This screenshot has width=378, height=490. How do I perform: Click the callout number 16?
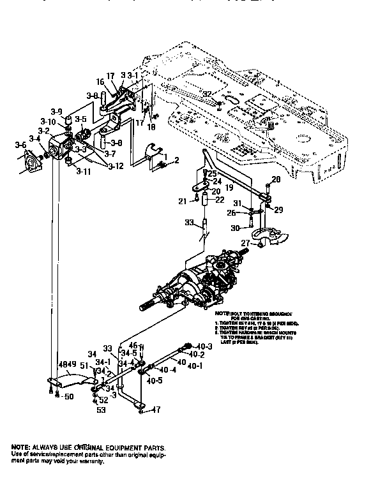tap(101, 82)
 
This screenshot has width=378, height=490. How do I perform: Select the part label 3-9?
tap(57, 112)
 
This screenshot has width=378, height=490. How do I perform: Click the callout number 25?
tap(213, 174)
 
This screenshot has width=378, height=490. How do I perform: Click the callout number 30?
tap(235, 228)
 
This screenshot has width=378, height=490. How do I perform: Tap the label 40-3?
tap(203, 346)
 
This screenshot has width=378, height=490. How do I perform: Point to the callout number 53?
tap(100, 410)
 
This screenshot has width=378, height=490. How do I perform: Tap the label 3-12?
tap(117, 167)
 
